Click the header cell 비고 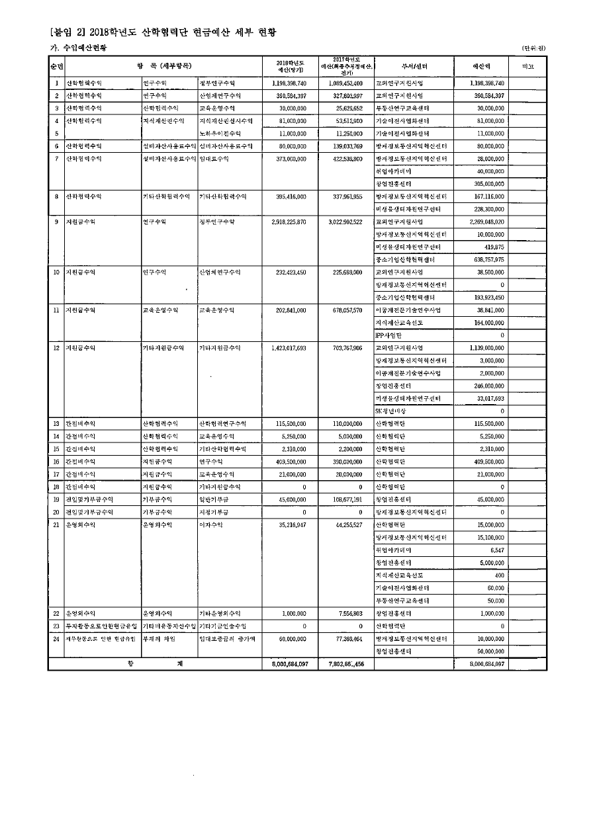(527, 66)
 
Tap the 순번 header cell (57, 66)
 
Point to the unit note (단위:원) (533, 48)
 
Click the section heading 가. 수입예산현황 (78, 48)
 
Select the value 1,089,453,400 (345, 84)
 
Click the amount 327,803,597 (345, 97)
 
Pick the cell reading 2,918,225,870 (289, 222)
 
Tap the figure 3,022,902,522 (345, 222)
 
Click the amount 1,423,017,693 (289, 348)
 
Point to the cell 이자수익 (211, 524)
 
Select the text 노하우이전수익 (221, 134)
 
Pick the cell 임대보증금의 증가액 (227, 639)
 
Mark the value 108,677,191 (345, 499)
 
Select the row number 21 (57, 524)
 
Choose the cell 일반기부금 (215, 499)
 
